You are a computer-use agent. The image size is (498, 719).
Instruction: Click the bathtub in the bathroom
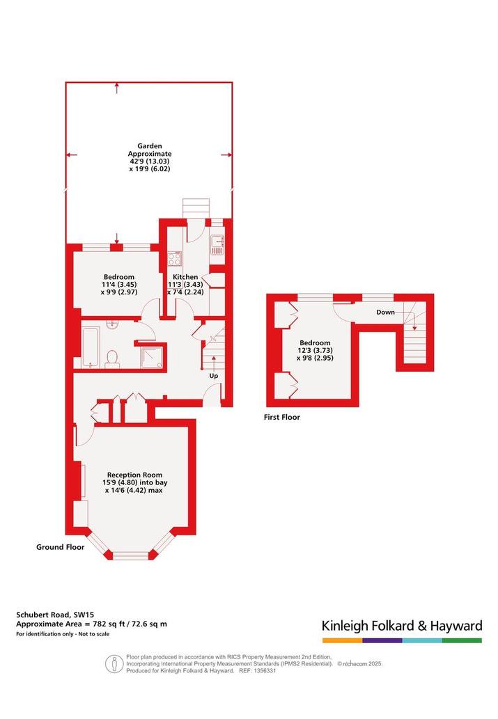point(91,347)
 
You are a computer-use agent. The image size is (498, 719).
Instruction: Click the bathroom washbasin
point(112,324)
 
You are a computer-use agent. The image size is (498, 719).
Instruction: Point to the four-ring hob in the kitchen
point(174,258)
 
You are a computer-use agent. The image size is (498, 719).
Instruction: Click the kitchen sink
point(217,244)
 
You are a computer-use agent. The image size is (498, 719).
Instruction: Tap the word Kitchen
point(185,277)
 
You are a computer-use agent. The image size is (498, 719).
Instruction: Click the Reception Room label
point(134,475)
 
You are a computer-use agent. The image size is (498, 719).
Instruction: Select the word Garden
point(150,145)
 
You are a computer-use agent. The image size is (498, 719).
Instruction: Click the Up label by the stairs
point(213,376)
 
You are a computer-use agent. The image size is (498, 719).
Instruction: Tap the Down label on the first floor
point(386,313)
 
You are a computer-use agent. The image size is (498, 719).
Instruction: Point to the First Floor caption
point(282,417)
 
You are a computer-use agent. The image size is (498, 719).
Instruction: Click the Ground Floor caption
point(60,546)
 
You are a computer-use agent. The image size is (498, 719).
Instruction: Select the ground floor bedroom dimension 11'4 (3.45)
point(119,284)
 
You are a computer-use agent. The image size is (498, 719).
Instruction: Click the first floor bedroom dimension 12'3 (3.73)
point(315,350)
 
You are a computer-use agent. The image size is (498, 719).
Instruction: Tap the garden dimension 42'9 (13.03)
point(150,161)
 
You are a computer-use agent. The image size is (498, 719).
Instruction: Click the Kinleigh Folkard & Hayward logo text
point(402,626)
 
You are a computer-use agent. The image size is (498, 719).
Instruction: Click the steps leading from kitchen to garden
point(196,208)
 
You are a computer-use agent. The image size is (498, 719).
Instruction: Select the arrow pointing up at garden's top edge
point(118,88)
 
